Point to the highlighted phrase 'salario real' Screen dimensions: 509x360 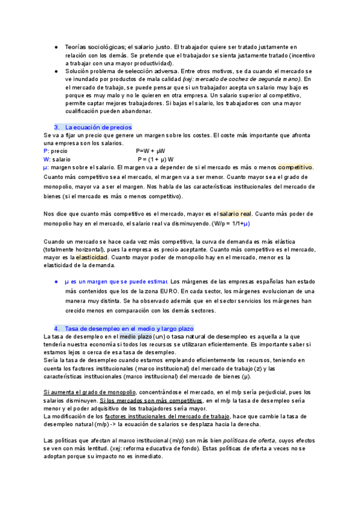pyautogui.click(x=235, y=214)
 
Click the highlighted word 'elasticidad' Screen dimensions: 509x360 pyautogui.click(x=92, y=258)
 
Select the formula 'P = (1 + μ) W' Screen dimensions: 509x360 pyautogui.click(x=155, y=159)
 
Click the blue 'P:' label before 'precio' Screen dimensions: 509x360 pyautogui.click(x=47, y=151)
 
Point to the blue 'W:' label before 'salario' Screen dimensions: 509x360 pyautogui.click(x=47, y=159)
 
